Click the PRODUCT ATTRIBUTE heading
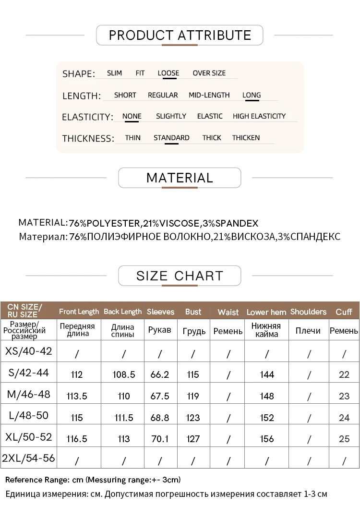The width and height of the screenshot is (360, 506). pyautogui.click(x=180, y=35)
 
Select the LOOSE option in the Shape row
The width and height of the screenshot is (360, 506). pyautogui.click(x=168, y=73)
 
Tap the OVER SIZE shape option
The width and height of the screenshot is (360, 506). pyautogui.click(x=209, y=73)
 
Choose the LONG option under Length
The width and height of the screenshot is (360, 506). pyautogui.click(x=252, y=95)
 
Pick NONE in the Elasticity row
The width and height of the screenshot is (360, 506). pyautogui.click(x=132, y=116)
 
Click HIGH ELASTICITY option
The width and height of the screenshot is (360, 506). pyautogui.click(x=259, y=116)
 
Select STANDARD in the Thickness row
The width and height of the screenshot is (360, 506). pyautogui.click(x=171, y=138)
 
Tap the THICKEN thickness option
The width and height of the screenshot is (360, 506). pyautogui.click(x=246, y=138)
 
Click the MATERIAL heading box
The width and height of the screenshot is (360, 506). pyautogui.click(x=180, y=178)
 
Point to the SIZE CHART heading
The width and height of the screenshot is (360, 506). pyautogui.click(x=180, y=276)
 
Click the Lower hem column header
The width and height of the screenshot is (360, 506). pyautogui.click(x=266, y=312)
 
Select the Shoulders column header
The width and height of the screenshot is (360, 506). pyautogui.click(x=308, y=312)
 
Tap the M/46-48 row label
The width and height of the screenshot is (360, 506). pyautogui.click(x=28, y=395)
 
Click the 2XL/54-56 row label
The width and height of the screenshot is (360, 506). pyautogui.click(x=28, y=458)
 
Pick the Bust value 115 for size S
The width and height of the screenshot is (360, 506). pyautogui.click(x=193, y=374)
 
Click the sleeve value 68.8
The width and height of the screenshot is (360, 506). pyautogui.click(x=160, y=418)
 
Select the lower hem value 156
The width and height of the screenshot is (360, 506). pyautogui.click(x=267, y=439)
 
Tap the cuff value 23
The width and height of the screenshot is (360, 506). pyautogui.click(x=344, y=397)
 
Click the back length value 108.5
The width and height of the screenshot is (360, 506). pyautogui.click(x=124, y=374)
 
